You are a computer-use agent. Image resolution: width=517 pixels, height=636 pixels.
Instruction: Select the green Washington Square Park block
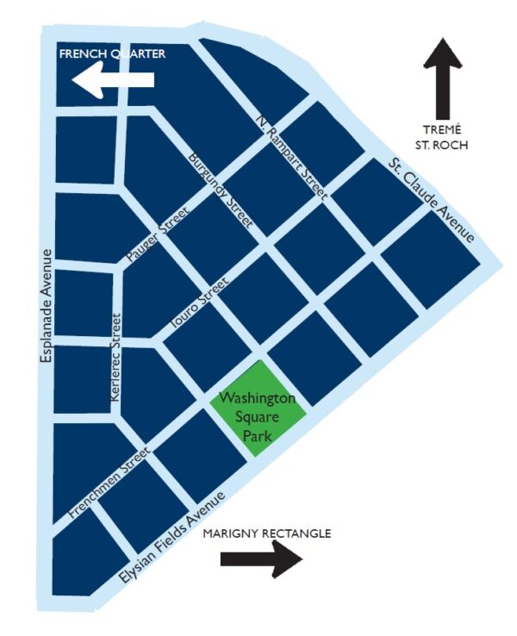(258, 404)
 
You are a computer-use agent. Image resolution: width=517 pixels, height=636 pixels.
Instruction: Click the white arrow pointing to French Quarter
(114, 81)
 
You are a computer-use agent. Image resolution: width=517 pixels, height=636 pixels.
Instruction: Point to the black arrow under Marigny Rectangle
(262, 559)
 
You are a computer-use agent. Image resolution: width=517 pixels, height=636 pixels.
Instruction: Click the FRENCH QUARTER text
(111, 54)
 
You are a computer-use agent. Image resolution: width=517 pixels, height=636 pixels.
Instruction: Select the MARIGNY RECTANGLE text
(267, 533)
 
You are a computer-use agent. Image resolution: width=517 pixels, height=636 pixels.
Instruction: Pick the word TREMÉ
(444, 129)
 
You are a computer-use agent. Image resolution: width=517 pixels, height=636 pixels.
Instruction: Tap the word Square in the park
(258, 418)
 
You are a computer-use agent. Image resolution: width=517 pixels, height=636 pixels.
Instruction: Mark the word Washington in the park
(258, 399)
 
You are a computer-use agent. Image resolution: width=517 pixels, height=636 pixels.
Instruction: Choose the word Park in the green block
(258, 437)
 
